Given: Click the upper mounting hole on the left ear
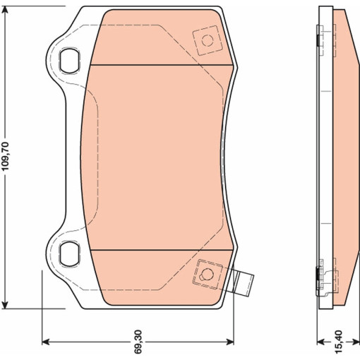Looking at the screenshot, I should (x=69, y=60).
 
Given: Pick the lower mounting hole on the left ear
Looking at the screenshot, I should (x=69, y=251).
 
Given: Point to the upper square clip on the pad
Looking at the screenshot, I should (x=206, y=40).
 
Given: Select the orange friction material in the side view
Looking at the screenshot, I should (x=344, y=155).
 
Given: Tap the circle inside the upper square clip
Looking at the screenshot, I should (x=206, y=40).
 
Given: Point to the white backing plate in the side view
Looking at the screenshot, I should (x=325, y=155).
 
